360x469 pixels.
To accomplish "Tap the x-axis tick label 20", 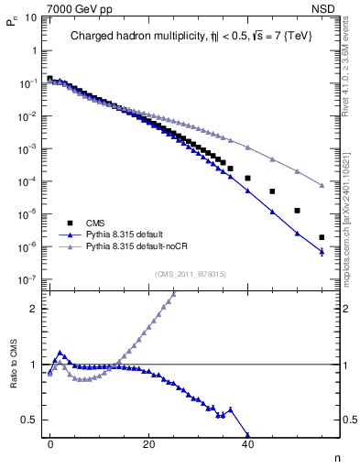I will click(x=148, y=444).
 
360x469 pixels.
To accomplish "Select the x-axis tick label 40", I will click(x=247, y=444).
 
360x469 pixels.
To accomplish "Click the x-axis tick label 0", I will click(x=50, y=444).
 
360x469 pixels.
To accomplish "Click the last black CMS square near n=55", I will click(x=322, y=237).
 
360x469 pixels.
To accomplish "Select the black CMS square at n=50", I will click(x=297, y=210).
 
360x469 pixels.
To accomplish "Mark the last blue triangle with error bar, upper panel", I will click(x=322, y=251).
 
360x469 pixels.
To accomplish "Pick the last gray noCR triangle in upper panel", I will click(x=322, y=186).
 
